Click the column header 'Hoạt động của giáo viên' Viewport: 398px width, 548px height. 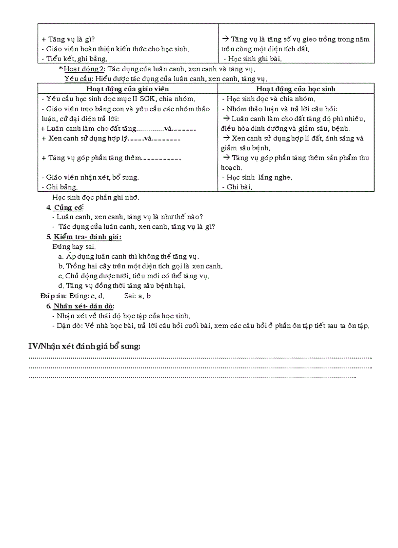[127, 89]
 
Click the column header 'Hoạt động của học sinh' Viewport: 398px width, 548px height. [296, 89]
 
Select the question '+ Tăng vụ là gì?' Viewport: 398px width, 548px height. [68, 39]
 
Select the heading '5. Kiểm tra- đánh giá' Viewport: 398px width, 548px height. [84, 237]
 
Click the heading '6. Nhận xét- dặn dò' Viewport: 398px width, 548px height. [80, 306]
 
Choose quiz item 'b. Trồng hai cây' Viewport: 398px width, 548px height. [140, 266]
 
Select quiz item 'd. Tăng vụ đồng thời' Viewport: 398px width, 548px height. [121, 285]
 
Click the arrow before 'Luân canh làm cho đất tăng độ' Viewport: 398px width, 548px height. [226, 119]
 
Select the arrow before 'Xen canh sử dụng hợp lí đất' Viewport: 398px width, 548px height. [226, 138]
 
